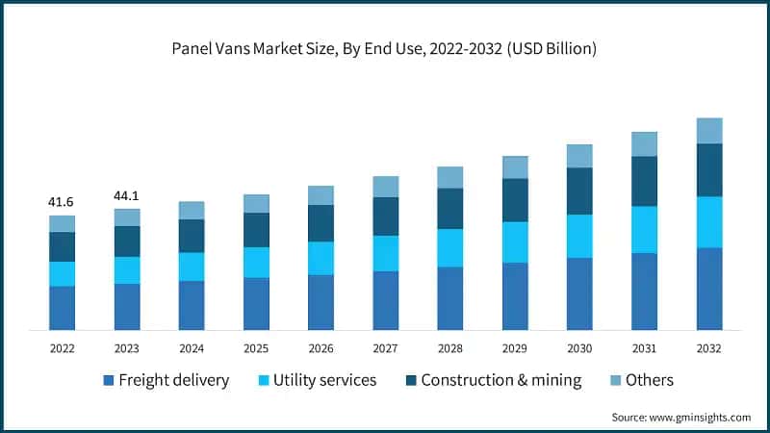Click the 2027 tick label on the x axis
pyautogui.click(x=385, y=348)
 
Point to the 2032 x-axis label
pyautogui.click(x=708, y=348)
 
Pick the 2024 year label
pyautogui.click(x=192, y=348)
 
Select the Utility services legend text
pyautogui.click(x=324, y=380)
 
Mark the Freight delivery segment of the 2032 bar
pyautogui.click(x=708, y=289)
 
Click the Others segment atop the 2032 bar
pyautogui.click(x=708, y=130)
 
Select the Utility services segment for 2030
pyautogui.click(x=579, y=236)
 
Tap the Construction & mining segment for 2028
pyautogui.click(x=450, y=208)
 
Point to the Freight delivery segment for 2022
pyautogui.click(x=63, y=308)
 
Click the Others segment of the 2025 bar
pyautogui.click(x=256, y=203)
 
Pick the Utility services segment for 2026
pyautogui.click(x=321, y=258)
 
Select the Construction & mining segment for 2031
pyautogui.click(x=644, y=181)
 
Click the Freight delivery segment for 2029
pyautogui.click(x=515, y=296)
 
